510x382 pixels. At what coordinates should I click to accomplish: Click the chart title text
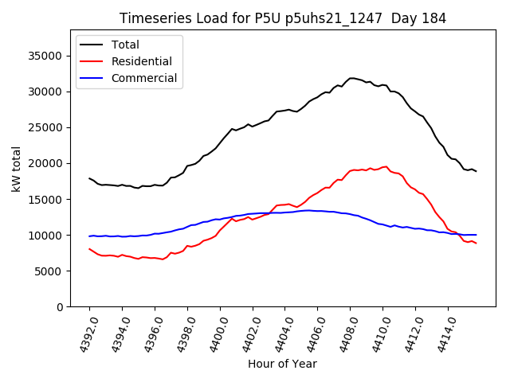tap(282, 18)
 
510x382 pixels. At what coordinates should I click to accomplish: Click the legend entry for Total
tap(125, 45)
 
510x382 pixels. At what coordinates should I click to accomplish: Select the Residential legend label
tap(142, 61)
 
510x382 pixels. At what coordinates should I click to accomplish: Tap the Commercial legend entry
tap(143, 78)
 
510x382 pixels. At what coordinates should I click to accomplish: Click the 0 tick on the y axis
tap(60, 307)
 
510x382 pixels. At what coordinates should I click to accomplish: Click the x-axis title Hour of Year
tap(282, 364)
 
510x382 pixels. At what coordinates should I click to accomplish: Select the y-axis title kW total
tap(16, 169)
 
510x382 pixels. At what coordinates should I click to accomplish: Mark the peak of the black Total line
tap(351, 78)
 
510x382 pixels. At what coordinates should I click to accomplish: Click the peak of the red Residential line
tap(386, 166)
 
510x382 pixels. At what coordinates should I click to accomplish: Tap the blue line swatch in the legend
tap(93, 78)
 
